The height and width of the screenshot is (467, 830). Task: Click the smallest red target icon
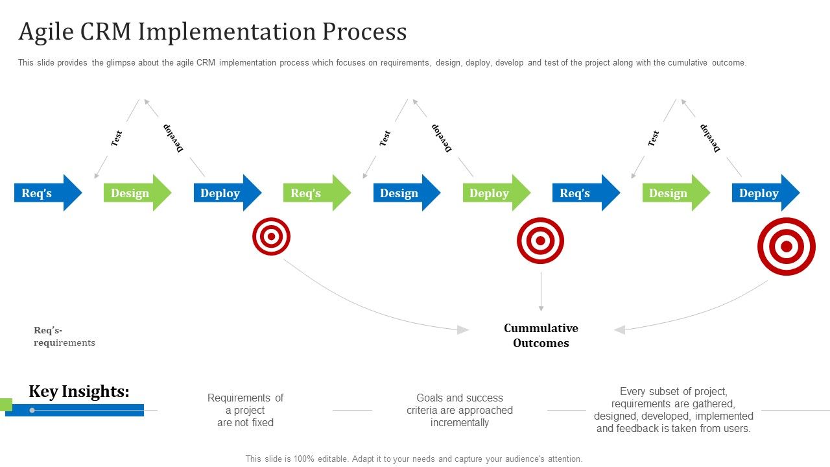click(271, 236)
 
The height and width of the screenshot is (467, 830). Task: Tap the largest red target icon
click(786, 246)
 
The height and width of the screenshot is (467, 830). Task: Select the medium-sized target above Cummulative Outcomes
click(540, 241)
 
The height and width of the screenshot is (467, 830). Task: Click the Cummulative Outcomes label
click(541, 335)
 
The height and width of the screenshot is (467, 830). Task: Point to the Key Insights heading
click(79, 391)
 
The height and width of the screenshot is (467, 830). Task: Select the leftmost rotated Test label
click(117, 138)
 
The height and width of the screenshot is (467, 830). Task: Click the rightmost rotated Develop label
click(710, 138)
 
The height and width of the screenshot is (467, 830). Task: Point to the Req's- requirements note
click(64, 336)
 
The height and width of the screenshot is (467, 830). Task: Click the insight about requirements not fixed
click(245, 410)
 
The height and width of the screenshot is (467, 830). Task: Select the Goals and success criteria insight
click(460, 410)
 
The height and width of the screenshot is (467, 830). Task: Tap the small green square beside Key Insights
click(6, 404)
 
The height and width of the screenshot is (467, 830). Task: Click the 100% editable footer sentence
click(414, 459)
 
